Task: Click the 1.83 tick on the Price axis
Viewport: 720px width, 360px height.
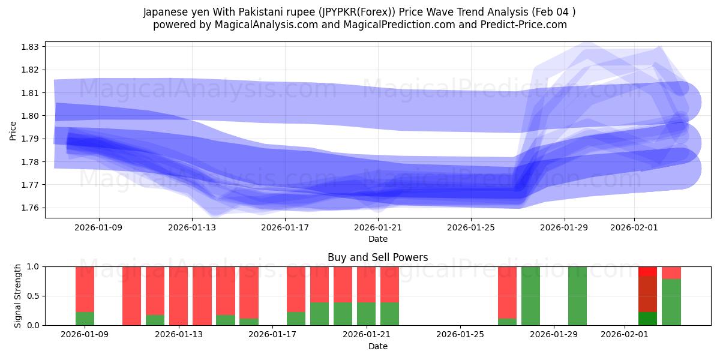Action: pos(31,47)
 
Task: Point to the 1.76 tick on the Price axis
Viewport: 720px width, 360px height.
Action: pos(31,208)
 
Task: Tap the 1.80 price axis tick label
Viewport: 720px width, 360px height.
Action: pos(31,116)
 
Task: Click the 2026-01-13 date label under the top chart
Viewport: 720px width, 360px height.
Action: pos(192,228)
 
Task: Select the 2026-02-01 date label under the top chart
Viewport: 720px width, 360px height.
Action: pos(634,228)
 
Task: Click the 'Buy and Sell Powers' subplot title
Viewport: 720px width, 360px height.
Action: pos(378,257)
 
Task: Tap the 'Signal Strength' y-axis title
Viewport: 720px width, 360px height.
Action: pos(18,295)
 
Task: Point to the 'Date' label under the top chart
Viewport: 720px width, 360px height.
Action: pos(378,239)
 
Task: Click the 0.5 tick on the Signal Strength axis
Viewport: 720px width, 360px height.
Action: pos(34,296)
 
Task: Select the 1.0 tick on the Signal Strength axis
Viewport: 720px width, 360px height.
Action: pos(34,266)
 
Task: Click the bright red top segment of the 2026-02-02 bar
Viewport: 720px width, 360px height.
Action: pos(648,271)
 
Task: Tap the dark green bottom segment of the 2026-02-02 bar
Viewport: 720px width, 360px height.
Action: pos(648,319)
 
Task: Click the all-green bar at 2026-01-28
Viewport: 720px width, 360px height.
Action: pos(530,296)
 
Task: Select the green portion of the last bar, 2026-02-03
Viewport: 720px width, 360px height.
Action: pos(671,302)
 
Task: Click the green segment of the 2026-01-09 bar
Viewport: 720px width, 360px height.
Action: pos(85,319)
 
